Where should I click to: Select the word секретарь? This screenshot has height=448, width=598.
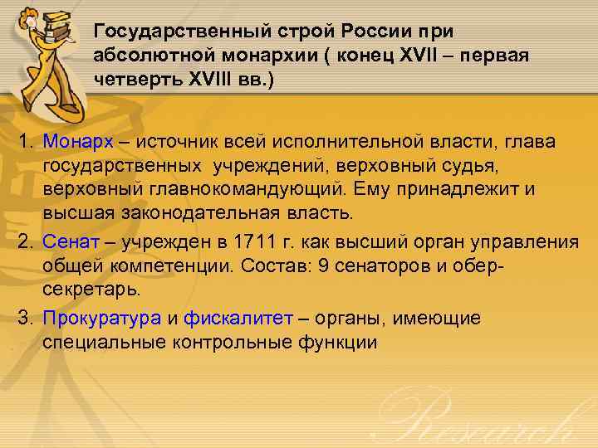(x=91, y=291)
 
